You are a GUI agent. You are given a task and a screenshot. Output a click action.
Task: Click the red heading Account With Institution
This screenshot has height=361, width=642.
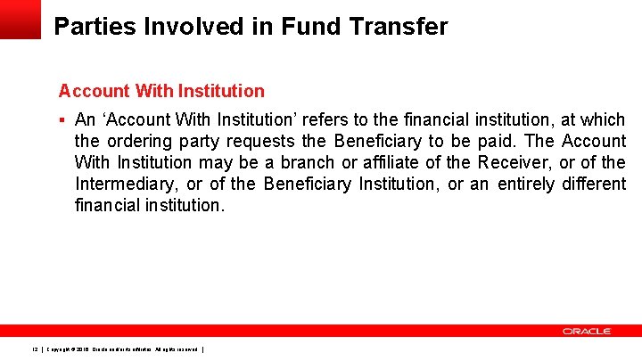click(x=161, y=91)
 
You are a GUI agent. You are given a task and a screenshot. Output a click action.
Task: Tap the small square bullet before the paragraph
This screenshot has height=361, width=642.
click(x=62, y=119)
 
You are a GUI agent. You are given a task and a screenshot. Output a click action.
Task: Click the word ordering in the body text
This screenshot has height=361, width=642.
click(x=138, y=141)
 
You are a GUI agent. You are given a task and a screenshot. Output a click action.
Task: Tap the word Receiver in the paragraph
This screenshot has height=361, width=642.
click(x=514, y=162)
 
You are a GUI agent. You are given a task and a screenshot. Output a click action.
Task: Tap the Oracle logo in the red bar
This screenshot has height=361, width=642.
click(x=587, y=331)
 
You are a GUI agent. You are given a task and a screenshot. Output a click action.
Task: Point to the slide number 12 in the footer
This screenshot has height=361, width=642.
click(x=34, y=349)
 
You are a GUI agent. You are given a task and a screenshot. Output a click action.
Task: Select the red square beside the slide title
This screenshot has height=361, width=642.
click(x=20, y=19)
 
